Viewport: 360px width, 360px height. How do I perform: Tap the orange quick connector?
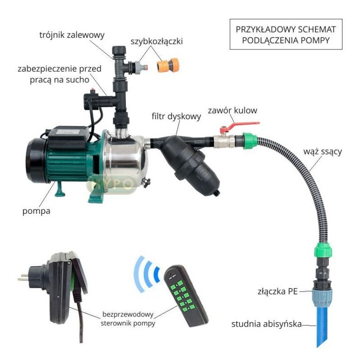(x=167, y=65)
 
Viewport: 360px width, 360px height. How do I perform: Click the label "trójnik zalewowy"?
(x=72, y=36)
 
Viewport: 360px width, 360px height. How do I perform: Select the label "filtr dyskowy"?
(x=176, y=117)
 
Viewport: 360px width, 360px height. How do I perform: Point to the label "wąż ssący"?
(x=323, y=152)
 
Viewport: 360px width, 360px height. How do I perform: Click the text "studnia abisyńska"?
(x=266, y=324)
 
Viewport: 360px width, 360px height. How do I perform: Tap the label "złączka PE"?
(x=278, y=291)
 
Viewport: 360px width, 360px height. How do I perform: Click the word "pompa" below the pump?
(x=36, y=211)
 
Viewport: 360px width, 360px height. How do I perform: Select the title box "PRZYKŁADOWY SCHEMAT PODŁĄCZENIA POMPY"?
(x=286, y=35)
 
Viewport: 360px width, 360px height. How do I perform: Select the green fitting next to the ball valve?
(x=250, y=140)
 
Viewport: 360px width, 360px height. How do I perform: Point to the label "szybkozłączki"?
(x=157, y=41)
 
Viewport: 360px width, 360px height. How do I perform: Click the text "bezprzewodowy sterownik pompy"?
(x=128, y=319)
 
